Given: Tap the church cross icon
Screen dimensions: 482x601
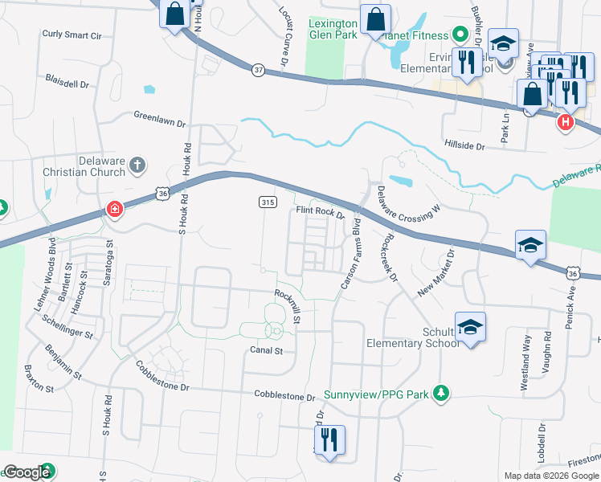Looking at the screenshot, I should (x=137, y=165).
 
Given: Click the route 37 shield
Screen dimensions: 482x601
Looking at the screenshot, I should (x=257, y=70).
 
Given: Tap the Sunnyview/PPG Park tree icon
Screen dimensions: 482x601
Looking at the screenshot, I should (x=440, y=393).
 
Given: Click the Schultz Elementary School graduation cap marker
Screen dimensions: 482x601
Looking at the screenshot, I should (x=470, y=326).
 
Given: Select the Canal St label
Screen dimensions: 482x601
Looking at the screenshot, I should (x=266, y=350).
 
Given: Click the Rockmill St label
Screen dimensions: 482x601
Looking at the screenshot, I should (x=287, y=308).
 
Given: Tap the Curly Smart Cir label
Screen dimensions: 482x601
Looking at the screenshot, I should (x=72, y=35).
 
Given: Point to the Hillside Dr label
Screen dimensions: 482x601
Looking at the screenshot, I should (x=464, y=146).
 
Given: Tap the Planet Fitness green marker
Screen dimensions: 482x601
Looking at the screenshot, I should (x=460, y=35).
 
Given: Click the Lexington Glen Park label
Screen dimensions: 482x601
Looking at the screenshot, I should (x=333, y=29).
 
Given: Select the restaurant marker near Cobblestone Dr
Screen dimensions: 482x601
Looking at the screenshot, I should (x=329, y=440).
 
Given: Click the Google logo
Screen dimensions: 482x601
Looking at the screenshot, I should (x=27, y=472).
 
